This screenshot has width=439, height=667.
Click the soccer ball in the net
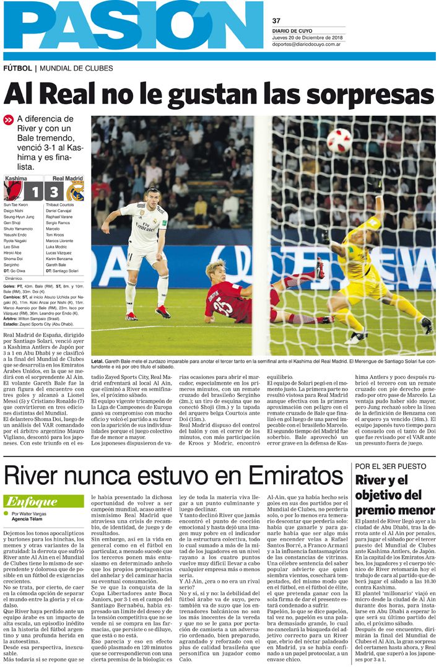[339, 141]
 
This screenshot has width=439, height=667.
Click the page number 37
[277, 20]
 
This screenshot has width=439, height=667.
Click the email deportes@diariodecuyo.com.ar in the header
[307, 44]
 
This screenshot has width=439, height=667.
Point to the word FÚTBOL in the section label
[17, 68]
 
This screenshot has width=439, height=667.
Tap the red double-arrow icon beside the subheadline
[8, 120]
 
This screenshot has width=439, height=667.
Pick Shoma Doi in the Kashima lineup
[12, 258]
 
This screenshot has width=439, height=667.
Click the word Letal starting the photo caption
[97, 360]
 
